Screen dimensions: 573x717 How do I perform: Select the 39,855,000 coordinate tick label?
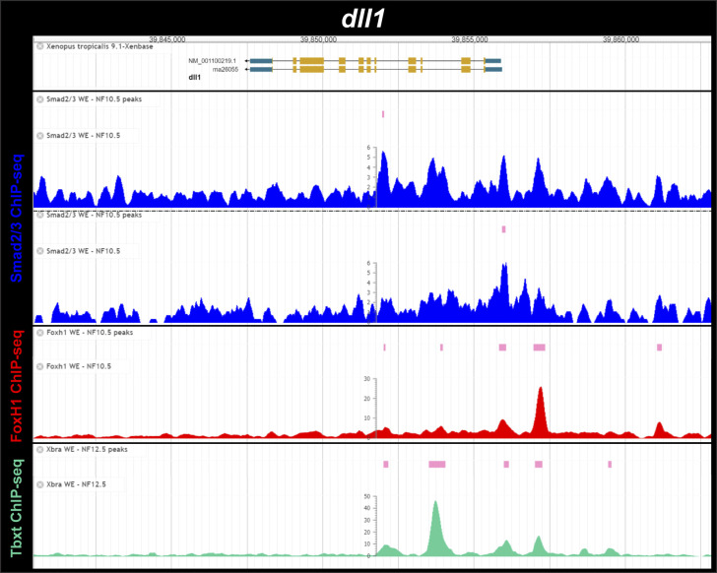[x=470, y=39]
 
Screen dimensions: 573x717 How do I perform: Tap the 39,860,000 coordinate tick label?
[x=620, y=39]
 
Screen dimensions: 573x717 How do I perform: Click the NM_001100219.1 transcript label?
[x=214, y=61]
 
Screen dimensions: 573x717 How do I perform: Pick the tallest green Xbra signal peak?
[x=435, y=504]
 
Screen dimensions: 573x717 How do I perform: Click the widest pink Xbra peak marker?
[x=437, y=464]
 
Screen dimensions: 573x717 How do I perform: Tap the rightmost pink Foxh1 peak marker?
[x=659, y=348]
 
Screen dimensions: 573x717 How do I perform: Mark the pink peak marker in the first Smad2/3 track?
[x=383, y=114]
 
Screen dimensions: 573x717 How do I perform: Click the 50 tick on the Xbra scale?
[x=367, y=497]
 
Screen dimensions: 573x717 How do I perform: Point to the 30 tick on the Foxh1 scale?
[x=367, y=379]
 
